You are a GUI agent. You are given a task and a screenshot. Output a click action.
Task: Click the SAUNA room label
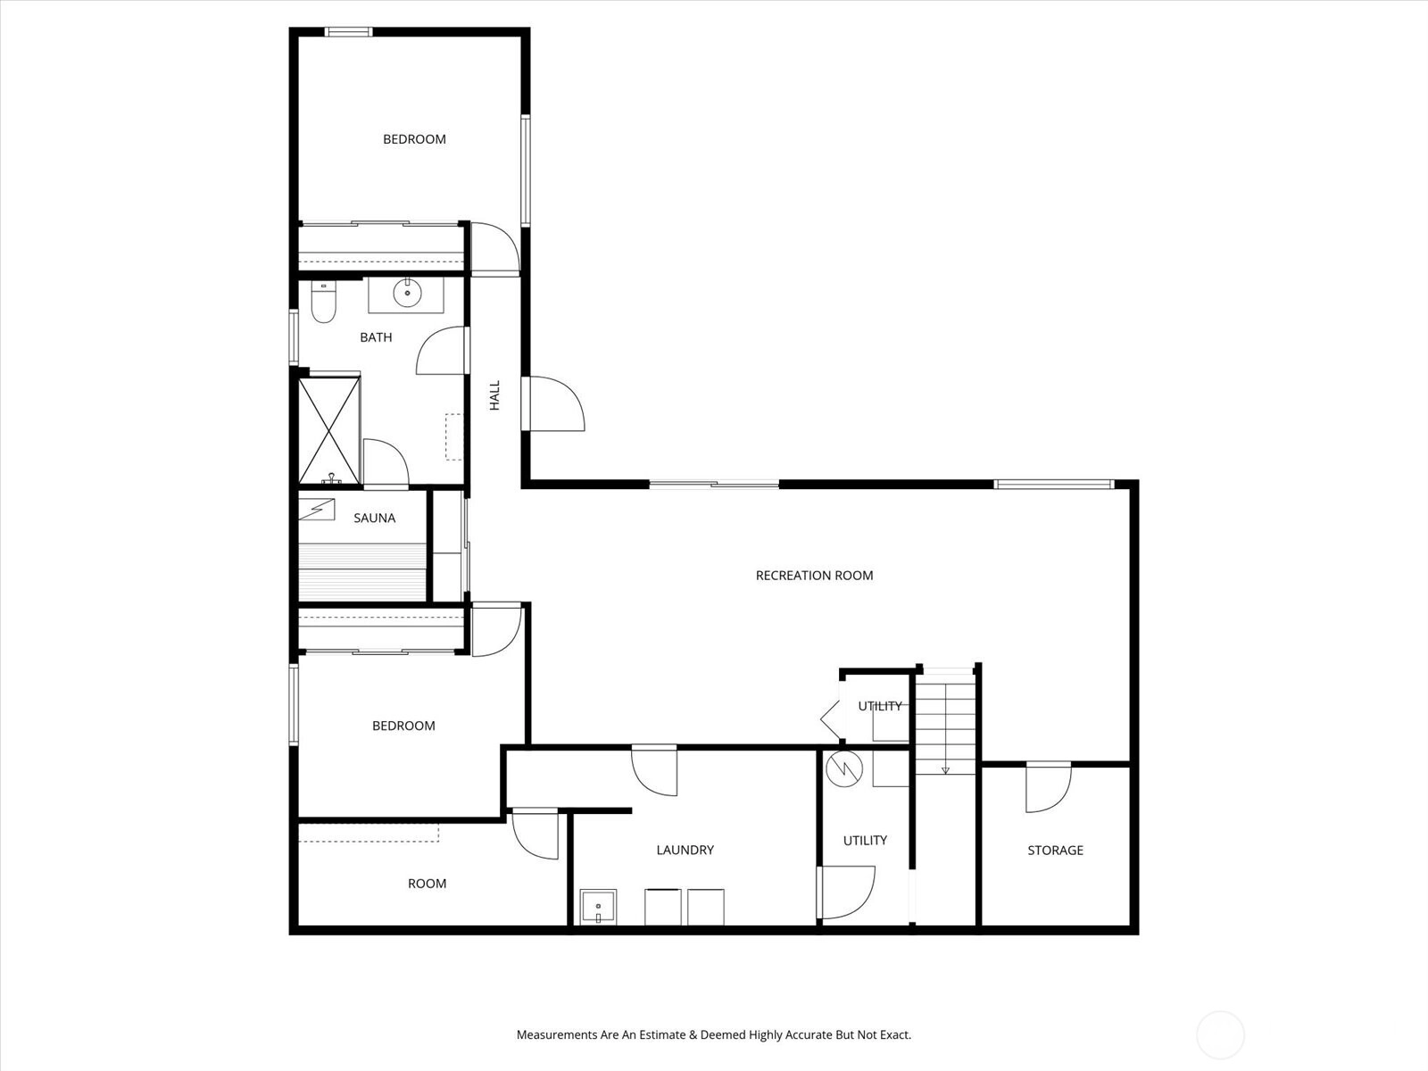374,519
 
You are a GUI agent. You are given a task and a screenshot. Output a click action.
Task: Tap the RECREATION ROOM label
814,576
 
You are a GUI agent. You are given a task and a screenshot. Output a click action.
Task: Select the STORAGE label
1055,851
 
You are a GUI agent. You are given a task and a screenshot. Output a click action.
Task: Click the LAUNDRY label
685,850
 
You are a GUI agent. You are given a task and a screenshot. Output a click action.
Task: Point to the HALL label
495,395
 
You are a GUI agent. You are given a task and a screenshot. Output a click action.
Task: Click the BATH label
376,337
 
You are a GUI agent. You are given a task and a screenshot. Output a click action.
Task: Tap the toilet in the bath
323,302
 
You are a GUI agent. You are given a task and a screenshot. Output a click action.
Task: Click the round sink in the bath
407,294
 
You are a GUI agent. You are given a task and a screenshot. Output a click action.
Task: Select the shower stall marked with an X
329,430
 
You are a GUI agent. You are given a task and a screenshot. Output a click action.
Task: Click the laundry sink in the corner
598,907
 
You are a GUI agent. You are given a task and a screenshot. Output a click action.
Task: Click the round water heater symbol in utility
843,770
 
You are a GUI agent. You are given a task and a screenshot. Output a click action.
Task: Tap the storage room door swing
1048,788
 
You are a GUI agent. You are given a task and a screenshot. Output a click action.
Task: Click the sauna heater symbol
317,509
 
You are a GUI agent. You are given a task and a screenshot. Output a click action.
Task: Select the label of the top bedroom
414,139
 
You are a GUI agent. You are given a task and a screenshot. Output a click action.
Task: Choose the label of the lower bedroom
403,726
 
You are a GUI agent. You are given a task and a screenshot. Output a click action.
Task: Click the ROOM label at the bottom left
427,884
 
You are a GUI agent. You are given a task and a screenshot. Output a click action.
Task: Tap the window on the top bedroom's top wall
349,32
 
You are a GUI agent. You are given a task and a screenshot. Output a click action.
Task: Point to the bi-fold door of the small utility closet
831,720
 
